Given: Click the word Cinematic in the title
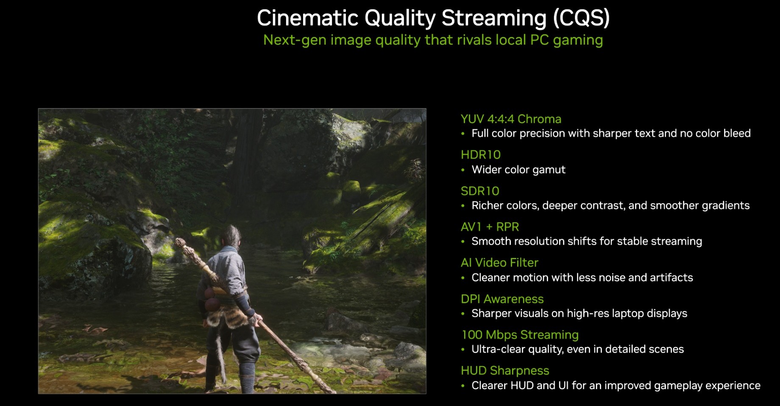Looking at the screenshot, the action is point(308,18).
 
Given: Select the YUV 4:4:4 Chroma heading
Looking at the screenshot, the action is point(511,119).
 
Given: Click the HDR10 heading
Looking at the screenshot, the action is point(481,155).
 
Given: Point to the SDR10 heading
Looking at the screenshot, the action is point(480,191).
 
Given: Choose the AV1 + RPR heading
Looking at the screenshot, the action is point(490,227).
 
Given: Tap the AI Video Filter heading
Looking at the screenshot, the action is point(499,263).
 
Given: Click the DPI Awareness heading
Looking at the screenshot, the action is point(502,299).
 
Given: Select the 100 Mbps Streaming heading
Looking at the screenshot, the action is point(520,335).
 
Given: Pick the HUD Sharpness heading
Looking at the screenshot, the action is point(505,371).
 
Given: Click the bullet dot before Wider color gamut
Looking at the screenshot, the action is point(463,170).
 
